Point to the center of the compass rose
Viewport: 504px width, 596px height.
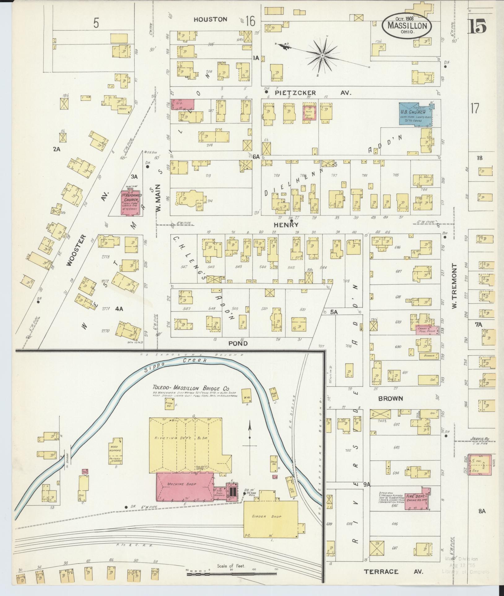coord(322,56)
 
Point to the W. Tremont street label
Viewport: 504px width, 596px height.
coord(454,285)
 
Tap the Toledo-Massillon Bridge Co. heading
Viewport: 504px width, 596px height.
coord(191,388)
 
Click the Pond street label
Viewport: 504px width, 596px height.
coord(238,343)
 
